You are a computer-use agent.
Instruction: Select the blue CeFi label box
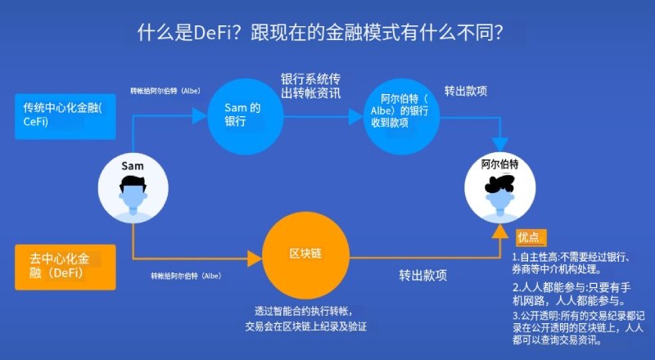65,116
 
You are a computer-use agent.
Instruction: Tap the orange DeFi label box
65,268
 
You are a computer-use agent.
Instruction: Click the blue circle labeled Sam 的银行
246,116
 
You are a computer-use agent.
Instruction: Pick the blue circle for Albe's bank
401,116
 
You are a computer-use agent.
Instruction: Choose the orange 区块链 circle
305,255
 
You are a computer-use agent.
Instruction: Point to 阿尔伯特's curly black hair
499,184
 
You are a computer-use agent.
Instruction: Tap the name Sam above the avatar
133,166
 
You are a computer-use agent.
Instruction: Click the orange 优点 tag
531,237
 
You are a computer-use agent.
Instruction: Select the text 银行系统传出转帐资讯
311,86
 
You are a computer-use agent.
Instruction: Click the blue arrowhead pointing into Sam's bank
200,115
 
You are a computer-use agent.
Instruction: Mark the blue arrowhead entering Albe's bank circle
356,116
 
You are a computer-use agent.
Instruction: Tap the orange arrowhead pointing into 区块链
255,259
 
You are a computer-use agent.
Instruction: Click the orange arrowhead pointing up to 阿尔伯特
500,231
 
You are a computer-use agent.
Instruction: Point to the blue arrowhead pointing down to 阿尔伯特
499,145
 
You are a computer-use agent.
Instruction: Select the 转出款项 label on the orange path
422,275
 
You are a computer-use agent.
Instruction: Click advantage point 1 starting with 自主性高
571,263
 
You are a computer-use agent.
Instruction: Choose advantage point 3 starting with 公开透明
579,327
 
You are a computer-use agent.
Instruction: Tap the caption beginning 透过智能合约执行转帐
305,318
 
